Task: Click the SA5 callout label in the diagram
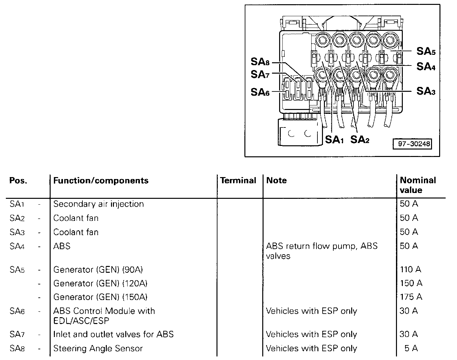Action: pyautogui.click(x=426, y=51)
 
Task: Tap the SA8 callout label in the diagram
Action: pyautogui.click(x=260, y=62)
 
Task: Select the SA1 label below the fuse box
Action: pyautogui.click(x=334, y=140)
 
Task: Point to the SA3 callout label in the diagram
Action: pyautogui.click(x=426, y=91)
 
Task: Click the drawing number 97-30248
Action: pyautogui.click(x=412, y=144)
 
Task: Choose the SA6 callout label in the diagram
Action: pyautogui.click(x=260, y=92)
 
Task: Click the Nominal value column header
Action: pyautogui.click(x=418, y=185)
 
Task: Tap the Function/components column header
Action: pyautogui.click(x=101, y=181)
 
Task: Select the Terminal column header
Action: pyautogui.click(x=238, y=181)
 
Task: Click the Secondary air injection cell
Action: pyautogui.click(x=98, y=204)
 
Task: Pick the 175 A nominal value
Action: pyautogui.click(x=411, y=297)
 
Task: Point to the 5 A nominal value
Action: pyautogui.click(x=411, y=348)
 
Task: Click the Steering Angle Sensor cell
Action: pyautogui.click(x=98, y=348)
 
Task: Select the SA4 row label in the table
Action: pyautogui.click(x=17, y=246)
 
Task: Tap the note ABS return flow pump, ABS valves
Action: pyautogui.click(x=321, y=251)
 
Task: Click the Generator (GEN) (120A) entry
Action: pyautogui.click(x=100, y=283)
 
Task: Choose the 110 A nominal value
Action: pyautogui.click(x=410, y=269)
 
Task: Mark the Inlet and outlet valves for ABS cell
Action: pyautogui.click(x=113, y=334)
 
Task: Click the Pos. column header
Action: pyautogui.click(x=18, y=181)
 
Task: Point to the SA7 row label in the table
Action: pyautogui.click(x=17, y=334)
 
